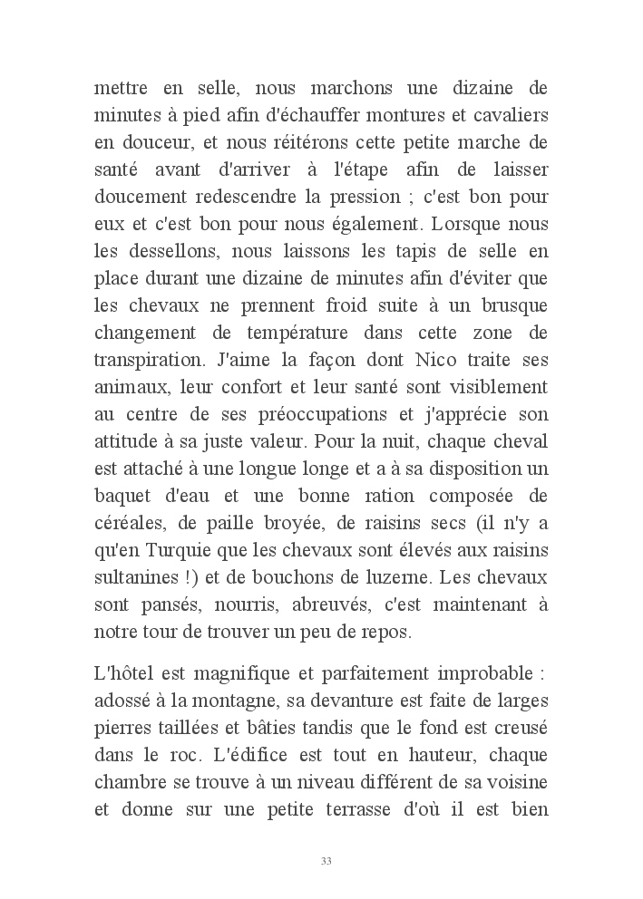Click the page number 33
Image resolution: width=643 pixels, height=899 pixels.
(326, 860)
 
